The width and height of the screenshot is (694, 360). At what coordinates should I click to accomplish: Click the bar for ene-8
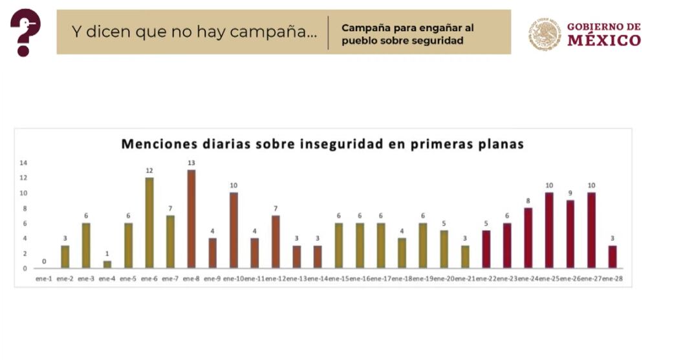191,218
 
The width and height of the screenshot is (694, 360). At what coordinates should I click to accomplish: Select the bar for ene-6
149,222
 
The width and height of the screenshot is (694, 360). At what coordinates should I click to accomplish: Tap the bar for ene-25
549,229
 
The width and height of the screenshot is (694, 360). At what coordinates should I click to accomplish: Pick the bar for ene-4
107,264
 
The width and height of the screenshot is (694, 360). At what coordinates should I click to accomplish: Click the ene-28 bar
612,257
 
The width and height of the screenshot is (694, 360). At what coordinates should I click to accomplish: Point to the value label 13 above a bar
191,163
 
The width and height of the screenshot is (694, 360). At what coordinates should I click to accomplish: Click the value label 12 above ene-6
149,171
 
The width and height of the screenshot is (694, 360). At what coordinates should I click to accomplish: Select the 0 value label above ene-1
44,261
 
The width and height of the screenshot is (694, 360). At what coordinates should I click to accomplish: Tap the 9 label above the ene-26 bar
570,193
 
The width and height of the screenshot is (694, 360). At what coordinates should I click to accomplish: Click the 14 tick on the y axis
23,162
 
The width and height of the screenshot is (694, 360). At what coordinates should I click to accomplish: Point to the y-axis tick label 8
25,208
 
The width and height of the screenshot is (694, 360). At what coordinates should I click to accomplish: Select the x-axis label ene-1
44,279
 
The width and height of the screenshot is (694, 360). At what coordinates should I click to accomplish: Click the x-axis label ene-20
444,279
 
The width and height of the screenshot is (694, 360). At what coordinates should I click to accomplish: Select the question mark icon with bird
25,32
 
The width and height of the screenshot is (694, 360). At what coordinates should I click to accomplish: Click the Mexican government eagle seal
545,34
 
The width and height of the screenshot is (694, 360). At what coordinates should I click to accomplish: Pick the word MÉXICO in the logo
604,41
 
